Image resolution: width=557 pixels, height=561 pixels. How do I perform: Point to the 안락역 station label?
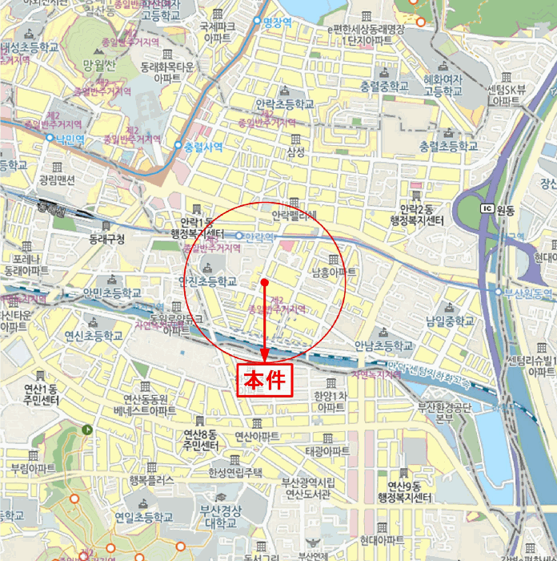[x=259, y=236]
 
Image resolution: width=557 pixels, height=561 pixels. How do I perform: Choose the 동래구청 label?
[x=107, y=239]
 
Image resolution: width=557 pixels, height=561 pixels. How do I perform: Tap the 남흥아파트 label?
[x=333, y=272]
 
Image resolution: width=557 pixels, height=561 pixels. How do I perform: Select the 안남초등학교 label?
[x=383, y=345]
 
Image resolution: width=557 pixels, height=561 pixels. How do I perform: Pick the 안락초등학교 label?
[x=285, y=104]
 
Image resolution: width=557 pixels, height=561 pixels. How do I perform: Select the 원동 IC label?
[x=505, y=210]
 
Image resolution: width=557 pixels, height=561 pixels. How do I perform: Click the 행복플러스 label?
[x=151, y=480]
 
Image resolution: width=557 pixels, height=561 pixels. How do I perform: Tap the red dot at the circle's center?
[x=264, y=282]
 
